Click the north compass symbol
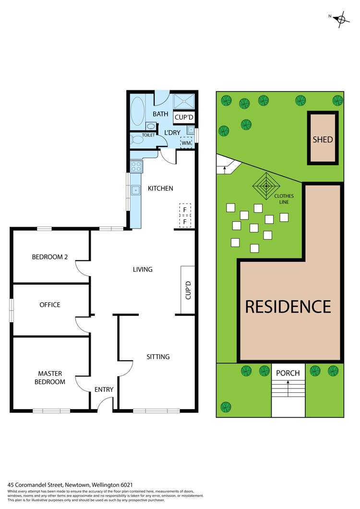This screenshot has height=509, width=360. [341, 19]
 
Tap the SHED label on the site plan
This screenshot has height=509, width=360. [323, 140]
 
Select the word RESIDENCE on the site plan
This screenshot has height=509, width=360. [288, 306]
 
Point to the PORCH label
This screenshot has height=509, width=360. [288, 373]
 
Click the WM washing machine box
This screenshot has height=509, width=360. [185, 143]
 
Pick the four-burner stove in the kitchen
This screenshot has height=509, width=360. [136, 167]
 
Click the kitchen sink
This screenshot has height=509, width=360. [136, 191]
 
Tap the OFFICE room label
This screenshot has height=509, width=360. [50, 305]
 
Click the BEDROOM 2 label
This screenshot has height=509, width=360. [50, 257]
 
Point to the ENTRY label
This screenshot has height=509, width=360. [104, 389]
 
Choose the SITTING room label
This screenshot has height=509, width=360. [158, 357]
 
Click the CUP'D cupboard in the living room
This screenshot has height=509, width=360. [188, 290]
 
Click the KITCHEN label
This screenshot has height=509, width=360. [160, 189]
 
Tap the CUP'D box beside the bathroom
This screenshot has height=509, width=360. [184, 117]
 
